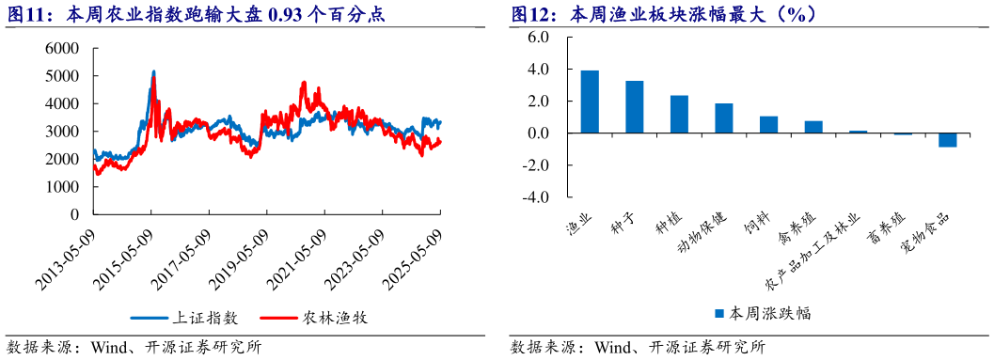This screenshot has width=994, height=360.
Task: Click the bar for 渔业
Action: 590,102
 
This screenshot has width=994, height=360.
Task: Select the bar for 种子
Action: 635,107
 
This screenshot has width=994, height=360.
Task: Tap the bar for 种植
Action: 679,114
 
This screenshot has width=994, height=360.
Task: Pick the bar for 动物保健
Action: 724,117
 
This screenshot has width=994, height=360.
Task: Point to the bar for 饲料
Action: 768,124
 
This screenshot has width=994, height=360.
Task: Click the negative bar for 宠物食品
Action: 947,140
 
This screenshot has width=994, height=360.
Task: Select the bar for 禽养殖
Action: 813,127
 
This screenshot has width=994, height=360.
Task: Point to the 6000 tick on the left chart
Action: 61,48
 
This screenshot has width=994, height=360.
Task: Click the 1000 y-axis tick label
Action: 61,187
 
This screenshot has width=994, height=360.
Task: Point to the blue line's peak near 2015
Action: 153,72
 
